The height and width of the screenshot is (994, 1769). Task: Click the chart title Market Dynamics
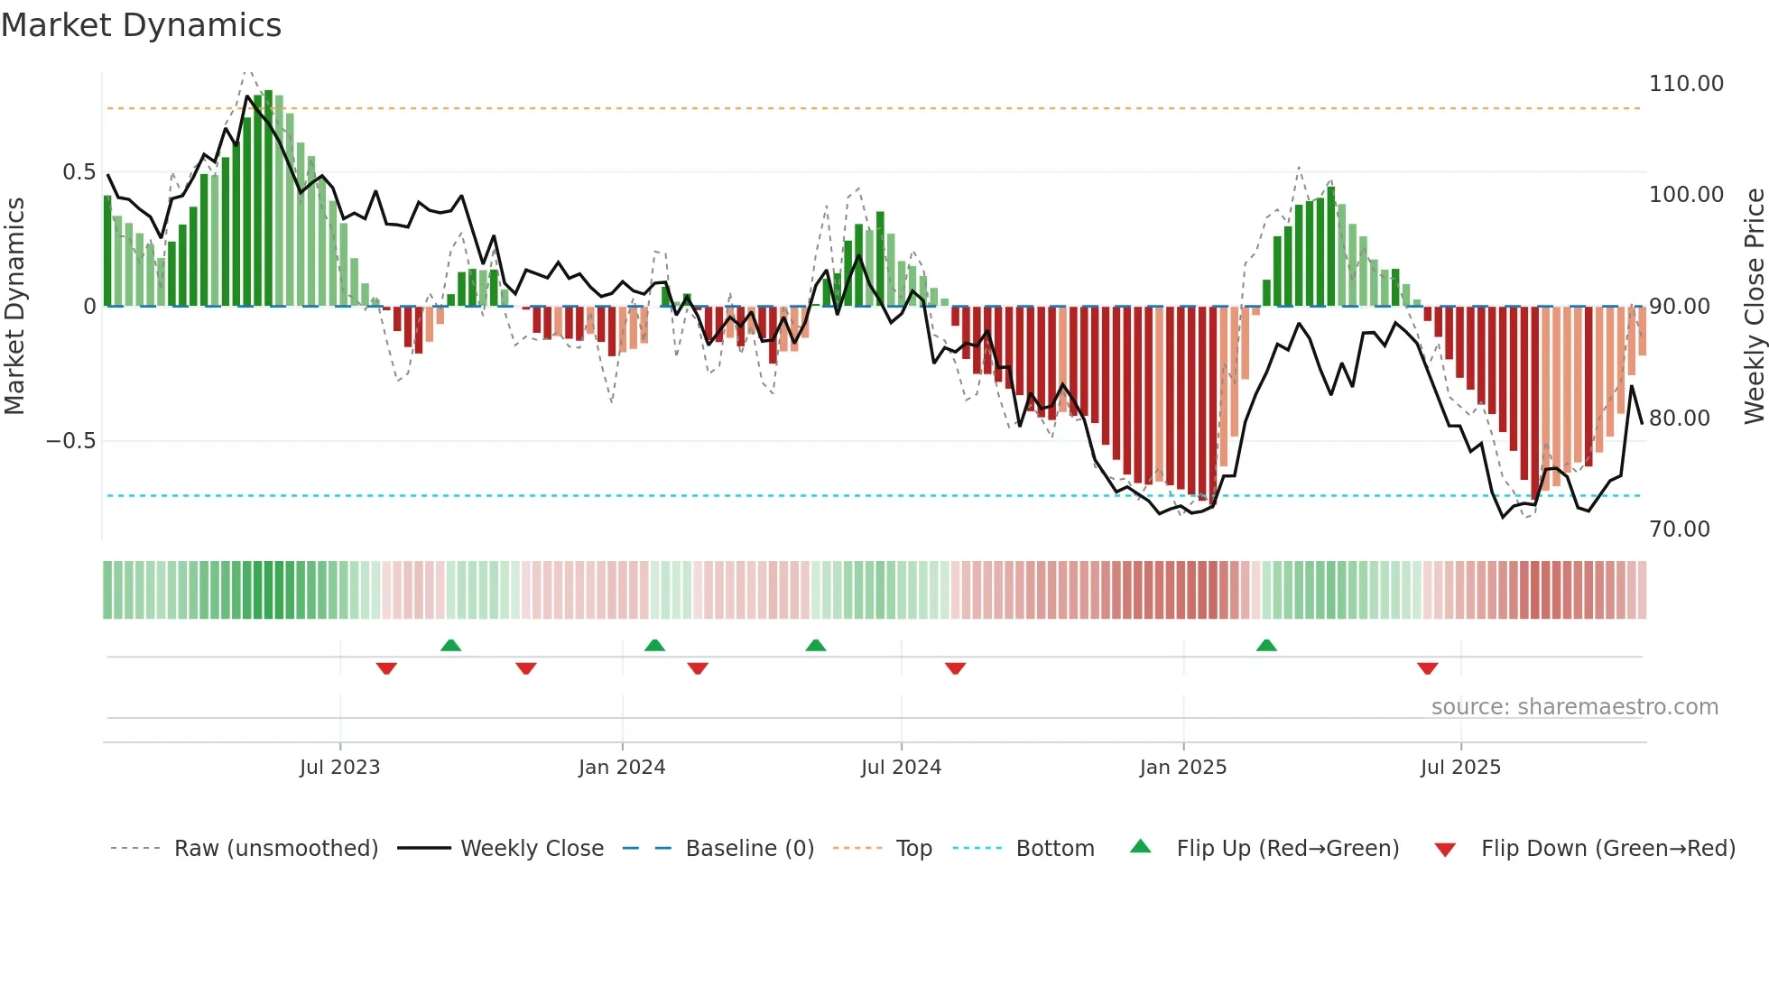[x=141, y=25]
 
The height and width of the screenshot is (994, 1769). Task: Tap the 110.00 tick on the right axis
[x=1686, y=84]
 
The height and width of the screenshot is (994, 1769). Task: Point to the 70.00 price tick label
[x=1679, y=529]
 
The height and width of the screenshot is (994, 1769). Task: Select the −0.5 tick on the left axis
[x=71, y=441]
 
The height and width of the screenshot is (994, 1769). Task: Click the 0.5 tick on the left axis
[x=79, y=172]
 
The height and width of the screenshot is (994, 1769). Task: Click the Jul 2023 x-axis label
[x=339, y=768]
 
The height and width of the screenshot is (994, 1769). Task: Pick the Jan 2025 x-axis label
[x=1182, y=768]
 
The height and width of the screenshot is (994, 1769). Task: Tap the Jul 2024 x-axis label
[x=901, y=768]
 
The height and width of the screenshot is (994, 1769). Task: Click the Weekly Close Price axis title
[x=1754, y=307]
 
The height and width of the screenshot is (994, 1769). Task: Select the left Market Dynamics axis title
[x=14, y=307]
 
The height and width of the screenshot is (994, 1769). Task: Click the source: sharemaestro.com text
[x=1574, y=707]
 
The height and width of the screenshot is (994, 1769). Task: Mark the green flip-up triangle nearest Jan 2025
[x=1266, y=645]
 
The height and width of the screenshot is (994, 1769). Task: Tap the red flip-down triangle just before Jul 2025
[x=1427, y=668]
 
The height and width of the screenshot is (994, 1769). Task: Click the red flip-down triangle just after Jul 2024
[x=955, y=668]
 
